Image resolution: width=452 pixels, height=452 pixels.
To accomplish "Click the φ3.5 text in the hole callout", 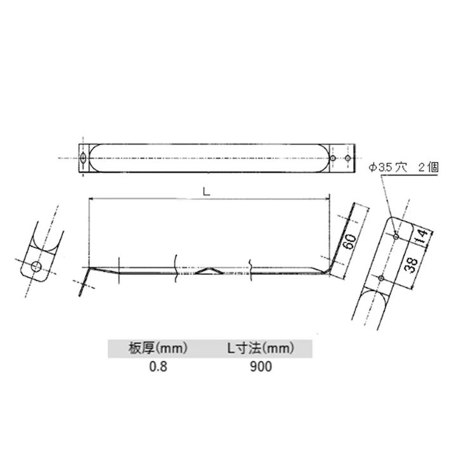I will click(x=378, y=167).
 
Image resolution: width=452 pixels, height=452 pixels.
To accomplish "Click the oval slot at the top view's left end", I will click(x=84, y=157).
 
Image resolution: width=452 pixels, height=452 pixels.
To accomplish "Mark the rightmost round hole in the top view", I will click(x=347, y=157).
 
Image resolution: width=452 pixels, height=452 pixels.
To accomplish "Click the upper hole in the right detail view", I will click(x=396, y=236).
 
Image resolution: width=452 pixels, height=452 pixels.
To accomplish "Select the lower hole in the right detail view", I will click(x=379, y=278).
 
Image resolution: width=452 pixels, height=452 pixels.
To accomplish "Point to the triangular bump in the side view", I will click(x=209, y=271).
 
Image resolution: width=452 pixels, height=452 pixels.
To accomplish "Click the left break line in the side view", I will click(x=175, y=266).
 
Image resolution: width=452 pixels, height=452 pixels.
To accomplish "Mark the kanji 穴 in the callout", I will click(x=400, y=167).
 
